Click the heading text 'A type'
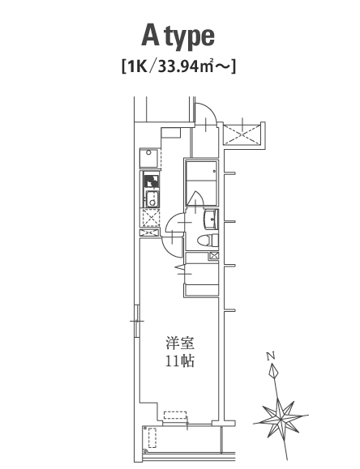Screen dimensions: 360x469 pyautogui.click(x=178, y=37)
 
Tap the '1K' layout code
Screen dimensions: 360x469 pyautogui.click(x=137, y=66)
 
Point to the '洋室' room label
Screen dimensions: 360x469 pyautogui.click(x=180, y=343)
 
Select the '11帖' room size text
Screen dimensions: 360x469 pyautogui.click(x=180, y=361)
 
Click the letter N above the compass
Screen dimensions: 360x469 pyautogui.click(x=271, y=356)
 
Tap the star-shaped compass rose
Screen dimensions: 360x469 pyautogui.click(x=281, y=416)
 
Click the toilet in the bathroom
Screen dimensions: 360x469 pyautogui.click(x=208, y=241)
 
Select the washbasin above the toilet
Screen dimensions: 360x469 pyautogui.click(x=211, y=219)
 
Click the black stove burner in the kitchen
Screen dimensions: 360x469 pyautogui.click(x=152, y=181)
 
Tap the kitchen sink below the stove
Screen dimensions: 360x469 pyautogui.click(x=152, y=198)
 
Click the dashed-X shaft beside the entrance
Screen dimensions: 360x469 pyautogui.click(x=242, y=134)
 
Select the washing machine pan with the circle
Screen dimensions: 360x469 pyautogui.click(x=150, y=158)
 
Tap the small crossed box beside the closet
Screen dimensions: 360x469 pyautogui.click(x=214, y=256)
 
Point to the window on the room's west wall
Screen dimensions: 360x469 pyautogui.click(x=137, y=321)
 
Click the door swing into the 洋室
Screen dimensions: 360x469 pyautogui.click(x=171, y=246)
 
